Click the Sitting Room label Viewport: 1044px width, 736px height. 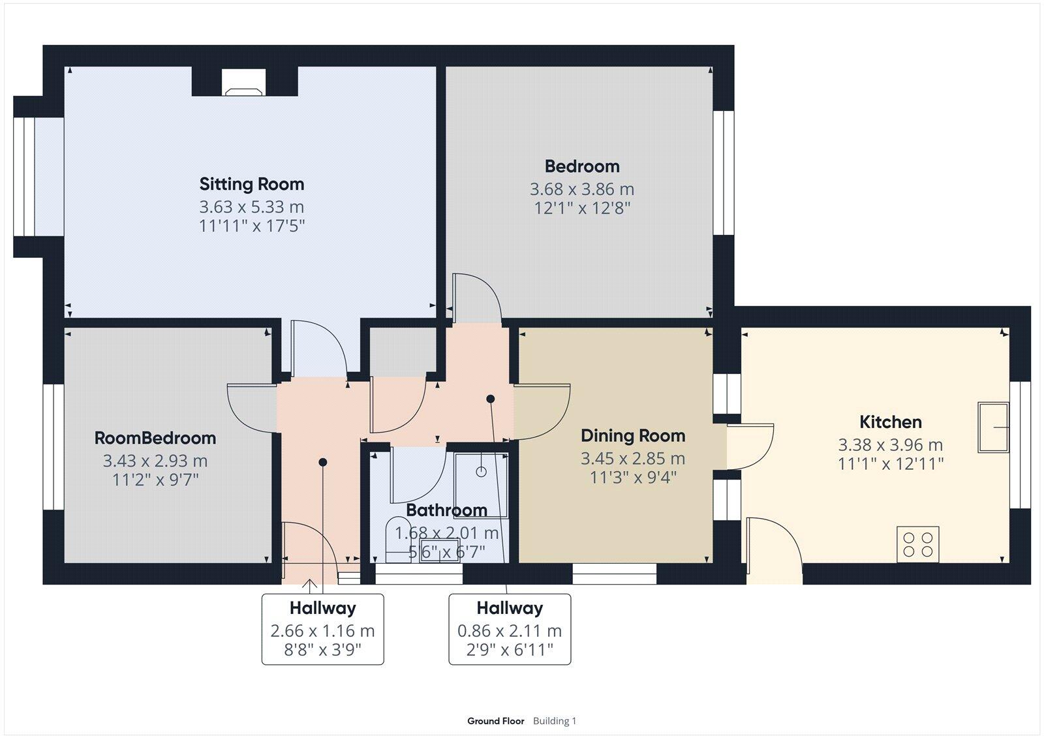(251, 184)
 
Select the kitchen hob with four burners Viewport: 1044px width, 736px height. (917, 544)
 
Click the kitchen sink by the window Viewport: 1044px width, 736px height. (992, 427)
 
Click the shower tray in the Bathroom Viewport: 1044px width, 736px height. (482, 484)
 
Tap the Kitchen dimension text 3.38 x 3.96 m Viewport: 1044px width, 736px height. (890, 445)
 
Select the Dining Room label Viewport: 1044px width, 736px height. (633, 436)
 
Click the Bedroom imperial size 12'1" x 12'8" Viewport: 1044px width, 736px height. (581, 208)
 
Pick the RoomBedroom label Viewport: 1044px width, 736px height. (155, 438)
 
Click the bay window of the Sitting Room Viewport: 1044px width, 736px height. (29, 177)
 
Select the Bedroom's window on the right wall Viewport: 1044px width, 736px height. (723, 173)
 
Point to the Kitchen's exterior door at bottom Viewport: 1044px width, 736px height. (773, 551)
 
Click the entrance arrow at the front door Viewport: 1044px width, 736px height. (309, 585)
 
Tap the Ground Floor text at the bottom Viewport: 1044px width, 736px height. (495, 721)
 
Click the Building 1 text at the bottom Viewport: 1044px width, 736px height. (554, 721)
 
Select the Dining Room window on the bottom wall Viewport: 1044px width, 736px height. (614, 574)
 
